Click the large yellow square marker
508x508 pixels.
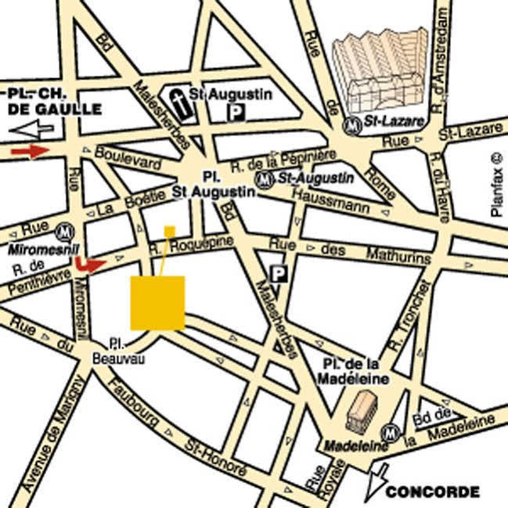tap(157, 302)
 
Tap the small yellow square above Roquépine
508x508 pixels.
tap(169, 230)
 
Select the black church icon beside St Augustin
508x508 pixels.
tap(182, 105)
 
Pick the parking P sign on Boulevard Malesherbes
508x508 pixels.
tap(277, 273)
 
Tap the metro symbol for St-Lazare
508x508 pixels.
tap(353, 124)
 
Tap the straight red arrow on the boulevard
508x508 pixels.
tap(31, 151)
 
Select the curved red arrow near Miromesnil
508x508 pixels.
tap(90, 265)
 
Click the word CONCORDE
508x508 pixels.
tap(432, 492)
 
